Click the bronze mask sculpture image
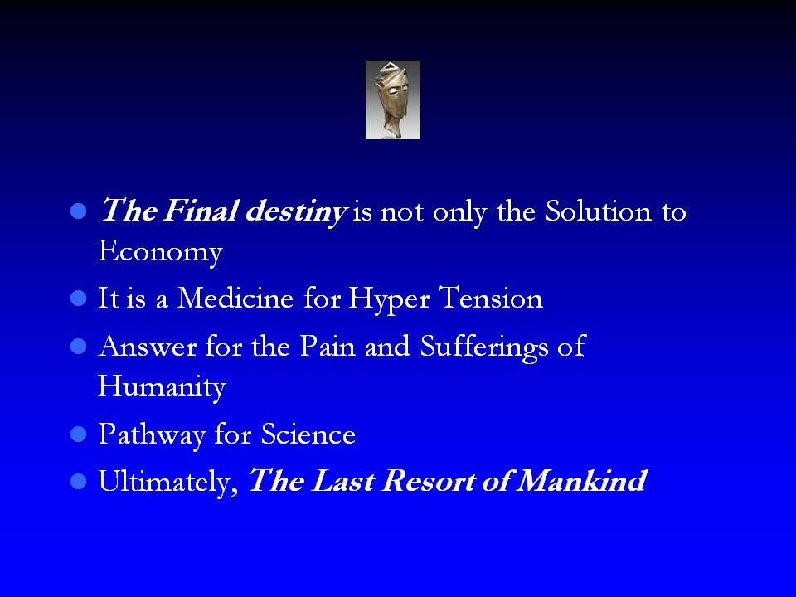click(x=392, y=100)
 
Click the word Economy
click(x=160, y=251)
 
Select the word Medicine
click(x=235, y=298)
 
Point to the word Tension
click(x=491, y=298)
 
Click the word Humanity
click(x=162, y=387)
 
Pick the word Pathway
click(x=152, y=435)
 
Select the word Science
click(x=308, y=434)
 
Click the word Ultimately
click(x=168, y=481)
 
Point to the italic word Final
click(x=200, y=210)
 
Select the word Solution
click(x=598, y=210)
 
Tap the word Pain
click(x=328, y=347)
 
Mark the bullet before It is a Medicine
click(x=79, y=298)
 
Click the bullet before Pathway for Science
click(x=79, y=434)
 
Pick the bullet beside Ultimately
click(x=79, y=481)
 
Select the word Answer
click(x=148, y=347)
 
